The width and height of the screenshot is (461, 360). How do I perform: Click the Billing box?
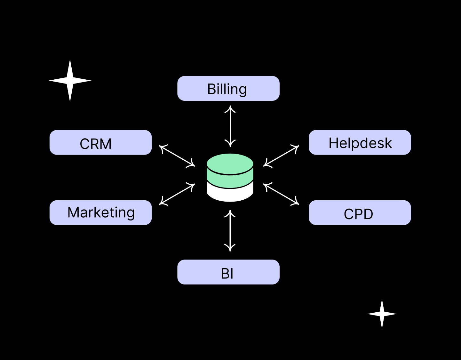point(228,88)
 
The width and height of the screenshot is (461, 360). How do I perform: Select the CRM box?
point(100,142)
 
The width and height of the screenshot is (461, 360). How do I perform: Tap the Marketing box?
point(100,212)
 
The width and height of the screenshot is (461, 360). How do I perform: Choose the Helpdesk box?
point(360,142)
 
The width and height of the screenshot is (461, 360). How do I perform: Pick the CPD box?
point(360,212)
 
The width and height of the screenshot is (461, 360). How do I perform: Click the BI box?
point(228,272)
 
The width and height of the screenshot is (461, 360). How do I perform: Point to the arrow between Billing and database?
point(230,126)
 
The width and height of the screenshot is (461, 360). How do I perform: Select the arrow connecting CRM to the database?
point(177,156)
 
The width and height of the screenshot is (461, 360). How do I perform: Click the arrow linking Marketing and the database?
point(177,194)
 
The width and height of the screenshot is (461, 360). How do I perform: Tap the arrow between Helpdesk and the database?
point(281,156)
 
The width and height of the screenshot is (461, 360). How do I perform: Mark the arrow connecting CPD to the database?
point(281,194)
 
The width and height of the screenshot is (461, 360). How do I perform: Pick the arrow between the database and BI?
point(230,230)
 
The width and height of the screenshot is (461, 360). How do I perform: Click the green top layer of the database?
point(230,170)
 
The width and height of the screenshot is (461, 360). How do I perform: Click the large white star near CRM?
point(70,81)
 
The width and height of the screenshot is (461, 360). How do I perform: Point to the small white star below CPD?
point(382,314)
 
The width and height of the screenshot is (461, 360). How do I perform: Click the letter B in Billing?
point(211,89)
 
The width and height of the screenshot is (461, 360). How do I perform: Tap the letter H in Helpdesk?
point(334,143)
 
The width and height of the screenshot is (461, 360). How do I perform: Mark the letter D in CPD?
point(368,214)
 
